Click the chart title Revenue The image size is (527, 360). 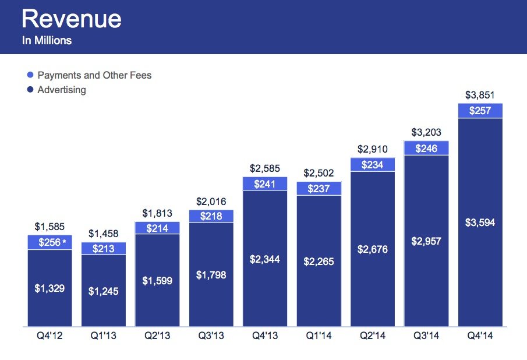(x=72, y=19)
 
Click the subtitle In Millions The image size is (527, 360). (x=47, y=41)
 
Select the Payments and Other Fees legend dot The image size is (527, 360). (x=30, y=75)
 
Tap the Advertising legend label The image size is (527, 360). (x=61, y=90)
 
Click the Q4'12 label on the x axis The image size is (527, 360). (x=49, y=337)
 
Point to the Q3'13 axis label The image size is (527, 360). (x=211, y=337)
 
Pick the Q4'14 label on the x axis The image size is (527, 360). (x=480, y=337)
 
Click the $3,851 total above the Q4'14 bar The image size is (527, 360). (x=480, y=95)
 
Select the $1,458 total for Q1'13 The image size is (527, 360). (x=103, y=234)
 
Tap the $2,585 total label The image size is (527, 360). (x=265, y=168)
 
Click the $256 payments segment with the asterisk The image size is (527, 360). (x=49, y=242)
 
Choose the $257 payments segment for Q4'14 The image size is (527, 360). (x=480, y=111)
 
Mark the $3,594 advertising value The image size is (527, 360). (x=480, y=223)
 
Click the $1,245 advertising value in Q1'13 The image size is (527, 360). (x=103, y=291)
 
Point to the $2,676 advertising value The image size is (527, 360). (x=373, y=249)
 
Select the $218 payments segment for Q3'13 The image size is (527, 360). (x=211, y=216)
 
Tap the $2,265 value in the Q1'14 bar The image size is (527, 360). (x=319, y=262)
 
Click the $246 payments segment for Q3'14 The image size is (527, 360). (x=426, y=149)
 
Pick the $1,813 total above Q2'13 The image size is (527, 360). (x=157, y=213)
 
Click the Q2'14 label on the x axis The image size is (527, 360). (x=373, y=337)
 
